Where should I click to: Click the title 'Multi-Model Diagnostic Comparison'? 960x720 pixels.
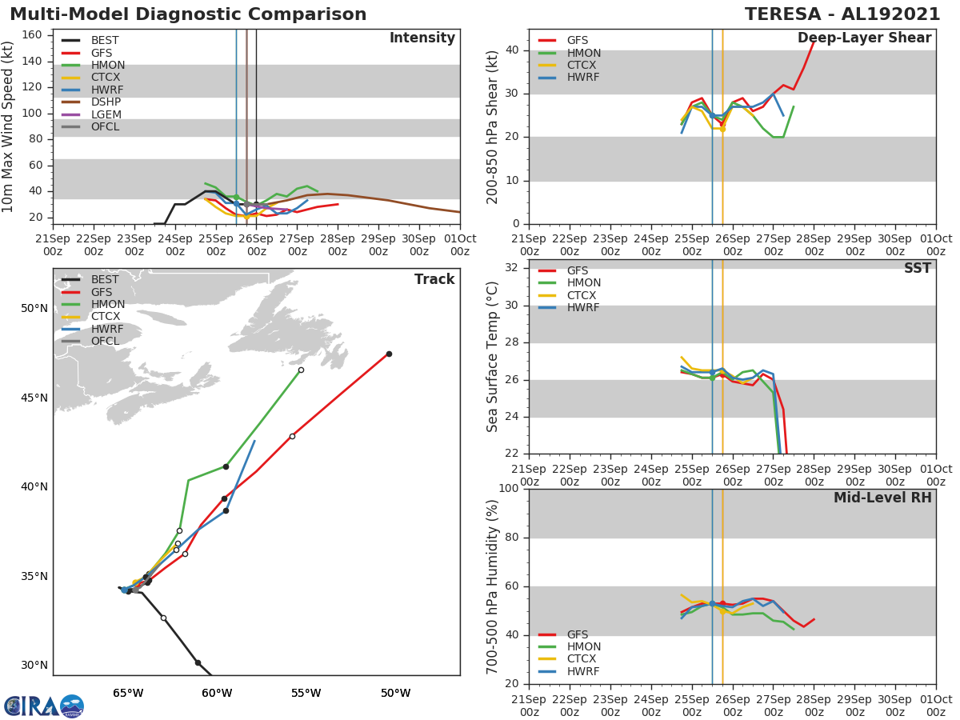pos(188,14)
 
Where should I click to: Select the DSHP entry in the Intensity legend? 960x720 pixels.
pos(106,102)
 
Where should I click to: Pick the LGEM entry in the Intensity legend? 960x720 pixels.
pos(106,114)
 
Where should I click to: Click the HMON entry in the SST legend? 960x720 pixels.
pos(583,283)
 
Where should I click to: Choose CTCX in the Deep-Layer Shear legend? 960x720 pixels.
pos(583,66)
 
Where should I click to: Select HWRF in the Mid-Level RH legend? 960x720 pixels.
pos(583,671)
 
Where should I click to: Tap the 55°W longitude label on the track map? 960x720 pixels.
pos(306,694)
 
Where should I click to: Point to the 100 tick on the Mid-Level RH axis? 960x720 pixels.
pos(510,489)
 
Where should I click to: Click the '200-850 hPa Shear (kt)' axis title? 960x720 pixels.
pos(493,126)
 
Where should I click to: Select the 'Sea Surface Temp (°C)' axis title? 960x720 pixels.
pos(493,357)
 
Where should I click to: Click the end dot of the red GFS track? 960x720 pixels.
pos(389,354)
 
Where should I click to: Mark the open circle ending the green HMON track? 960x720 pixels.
pos(301,370)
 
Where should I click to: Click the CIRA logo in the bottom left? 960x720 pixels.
pos(43,706)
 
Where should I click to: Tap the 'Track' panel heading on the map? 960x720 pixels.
pos(434,279)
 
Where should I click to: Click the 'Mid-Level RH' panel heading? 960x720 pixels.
pos(882,498)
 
